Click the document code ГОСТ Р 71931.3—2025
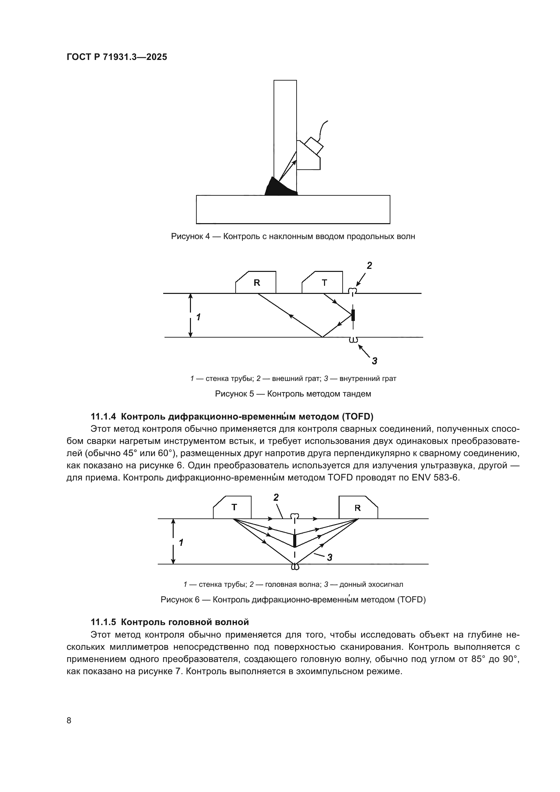pos(116,57)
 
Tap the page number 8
pos(69,721)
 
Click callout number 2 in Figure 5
pos(369,265)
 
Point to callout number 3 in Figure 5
pos(374,361)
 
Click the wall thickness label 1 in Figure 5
pos(198,317)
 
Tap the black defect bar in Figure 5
pos(353,315)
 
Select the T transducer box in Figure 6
pos(233,507)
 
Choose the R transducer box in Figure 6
pos(358,508)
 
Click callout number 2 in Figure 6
pos(276,497)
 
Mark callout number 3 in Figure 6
pos(329,557)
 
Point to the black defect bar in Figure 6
pos(295,540)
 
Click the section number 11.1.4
pos(104,417)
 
